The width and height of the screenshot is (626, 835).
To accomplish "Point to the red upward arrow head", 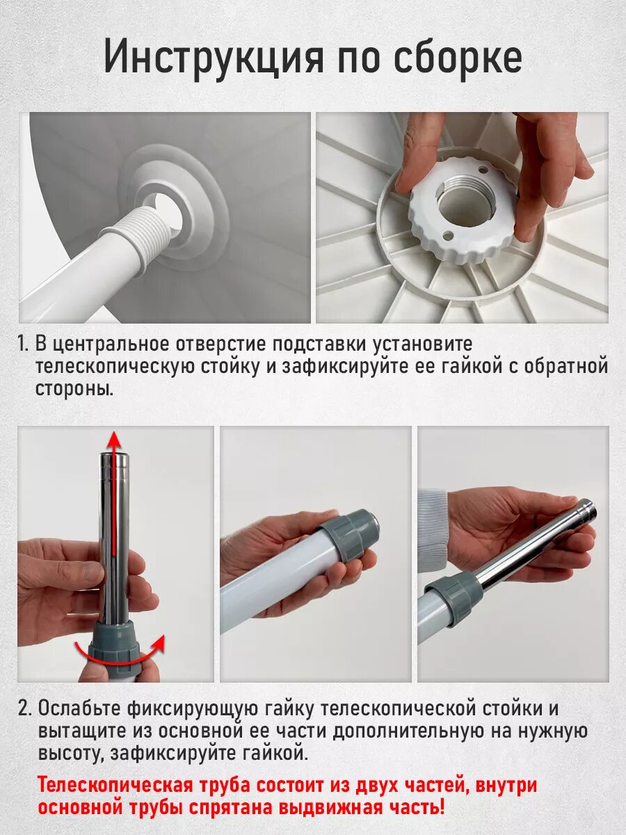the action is (x=113, y=442).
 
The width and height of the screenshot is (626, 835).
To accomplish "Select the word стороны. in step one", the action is (x=74, y=389).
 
